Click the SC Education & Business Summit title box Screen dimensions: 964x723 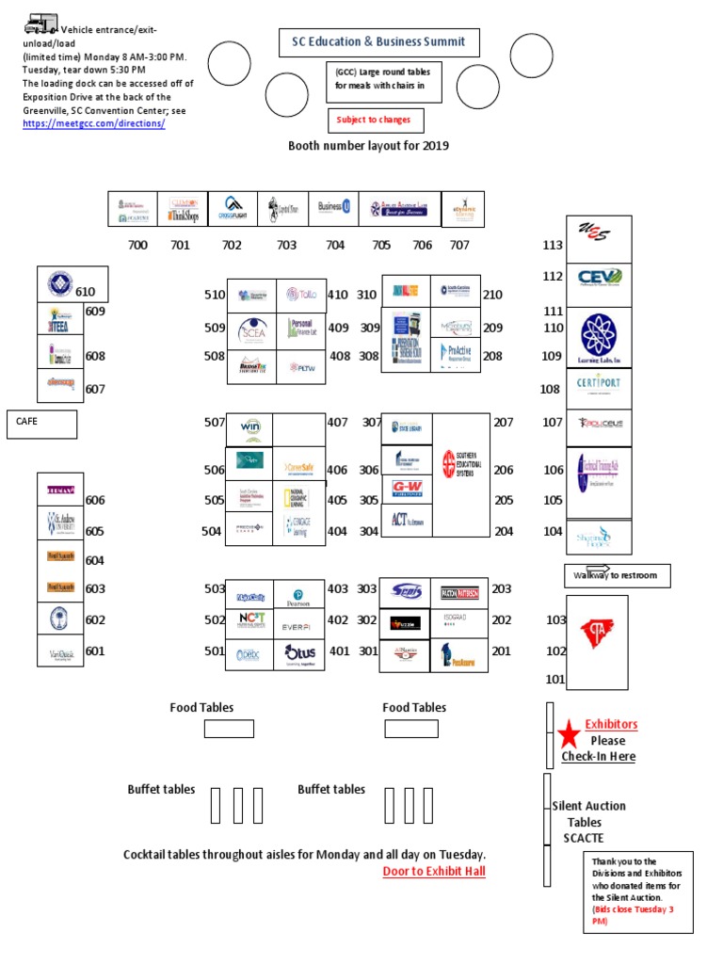[x=378, y=42]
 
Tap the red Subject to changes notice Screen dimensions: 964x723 [x=375, y=120]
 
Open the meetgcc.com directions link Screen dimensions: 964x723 [x=93, y=124]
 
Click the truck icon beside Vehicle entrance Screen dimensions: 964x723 [x=40, y=24]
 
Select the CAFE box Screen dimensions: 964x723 [x=41, y=424]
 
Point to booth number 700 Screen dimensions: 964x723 [x=137, y=245]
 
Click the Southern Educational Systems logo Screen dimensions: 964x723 [x=461, y=464]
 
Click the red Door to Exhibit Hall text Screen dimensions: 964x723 [x=434, y=871]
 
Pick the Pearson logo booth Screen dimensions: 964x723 [x=299, y=595]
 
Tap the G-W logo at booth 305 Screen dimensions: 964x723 [x=407, y=489]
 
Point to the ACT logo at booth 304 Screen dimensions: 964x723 [x=406, y=518]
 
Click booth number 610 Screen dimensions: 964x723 [x=85, y=292]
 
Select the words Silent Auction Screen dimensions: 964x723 [x=588, y=806]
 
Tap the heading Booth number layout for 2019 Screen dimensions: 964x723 [x=368, y=146]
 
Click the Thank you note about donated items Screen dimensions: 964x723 [x=638, y=891]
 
